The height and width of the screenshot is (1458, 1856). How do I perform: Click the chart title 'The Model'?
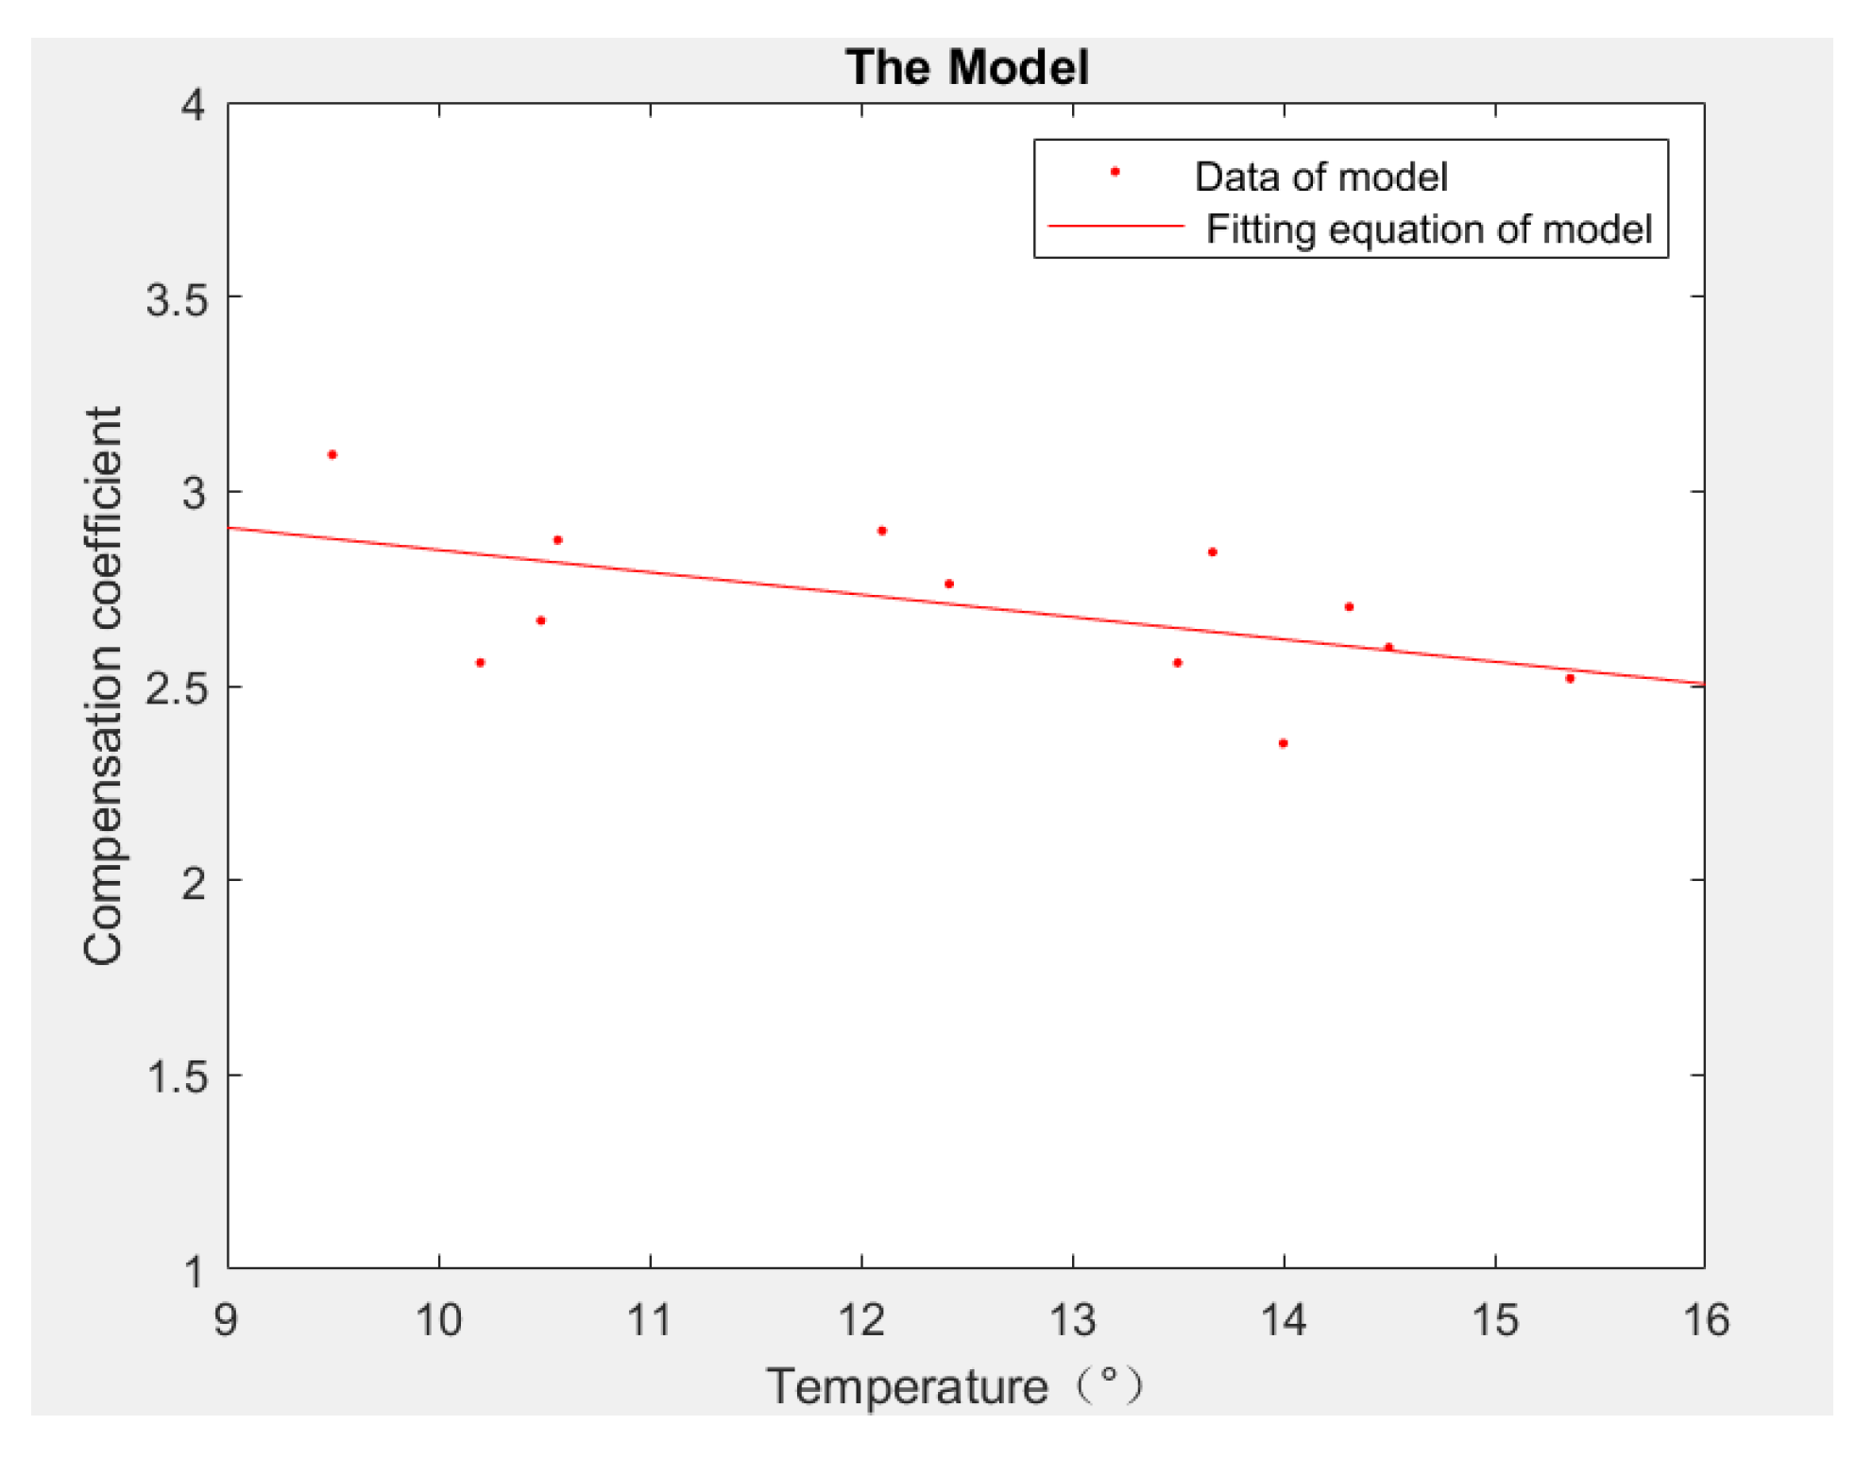click(966, 68)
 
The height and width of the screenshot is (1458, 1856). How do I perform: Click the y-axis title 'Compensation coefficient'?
click(104, 686)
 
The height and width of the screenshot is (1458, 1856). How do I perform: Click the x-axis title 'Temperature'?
click(907, 1387)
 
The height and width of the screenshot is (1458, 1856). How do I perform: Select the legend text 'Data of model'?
click(1320, 177)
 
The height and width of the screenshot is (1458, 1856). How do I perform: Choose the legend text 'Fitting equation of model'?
click(1428, 229)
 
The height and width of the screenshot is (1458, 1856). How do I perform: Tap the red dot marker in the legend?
click(1115, 172)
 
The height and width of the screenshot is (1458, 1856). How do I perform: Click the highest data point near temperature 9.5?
click(332, 454)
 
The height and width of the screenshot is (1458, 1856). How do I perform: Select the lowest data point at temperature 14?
click(1283, 743)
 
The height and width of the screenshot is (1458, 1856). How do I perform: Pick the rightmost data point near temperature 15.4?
click(1570, 678)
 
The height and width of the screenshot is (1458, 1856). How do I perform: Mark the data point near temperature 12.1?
click(881, 531)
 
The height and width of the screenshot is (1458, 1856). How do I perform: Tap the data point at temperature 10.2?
click(480, 663)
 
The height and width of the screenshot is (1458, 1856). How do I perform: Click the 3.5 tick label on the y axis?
click(177, 300)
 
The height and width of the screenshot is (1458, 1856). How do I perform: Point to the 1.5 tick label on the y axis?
click(177, 1077)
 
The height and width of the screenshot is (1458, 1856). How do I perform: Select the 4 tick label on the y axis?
click(193, 106)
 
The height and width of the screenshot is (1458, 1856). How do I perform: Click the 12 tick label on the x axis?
click(861, 1319)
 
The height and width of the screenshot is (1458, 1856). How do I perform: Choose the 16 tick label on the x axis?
click(1706, 1319)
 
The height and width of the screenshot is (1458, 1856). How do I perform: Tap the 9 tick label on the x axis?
click(226, 1319)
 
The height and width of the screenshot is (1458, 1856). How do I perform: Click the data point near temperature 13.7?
click(1212, 551)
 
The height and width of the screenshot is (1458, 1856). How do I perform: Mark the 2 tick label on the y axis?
click(193, 883)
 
